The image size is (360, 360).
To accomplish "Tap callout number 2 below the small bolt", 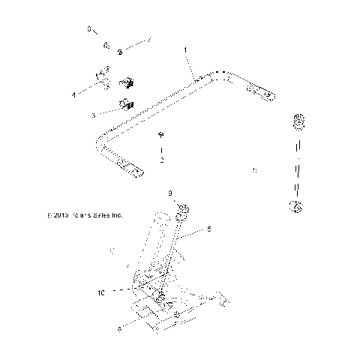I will click(x=160, y=160).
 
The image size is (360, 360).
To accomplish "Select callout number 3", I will click(x=93, y=115).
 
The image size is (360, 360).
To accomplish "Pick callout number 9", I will click(x=170, y=193).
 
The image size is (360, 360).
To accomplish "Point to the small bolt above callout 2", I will click(x=160, y=136).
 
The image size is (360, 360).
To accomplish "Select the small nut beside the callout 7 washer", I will click(x=106, y=44).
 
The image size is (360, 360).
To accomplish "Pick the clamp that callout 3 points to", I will click(x=124, y=104).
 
